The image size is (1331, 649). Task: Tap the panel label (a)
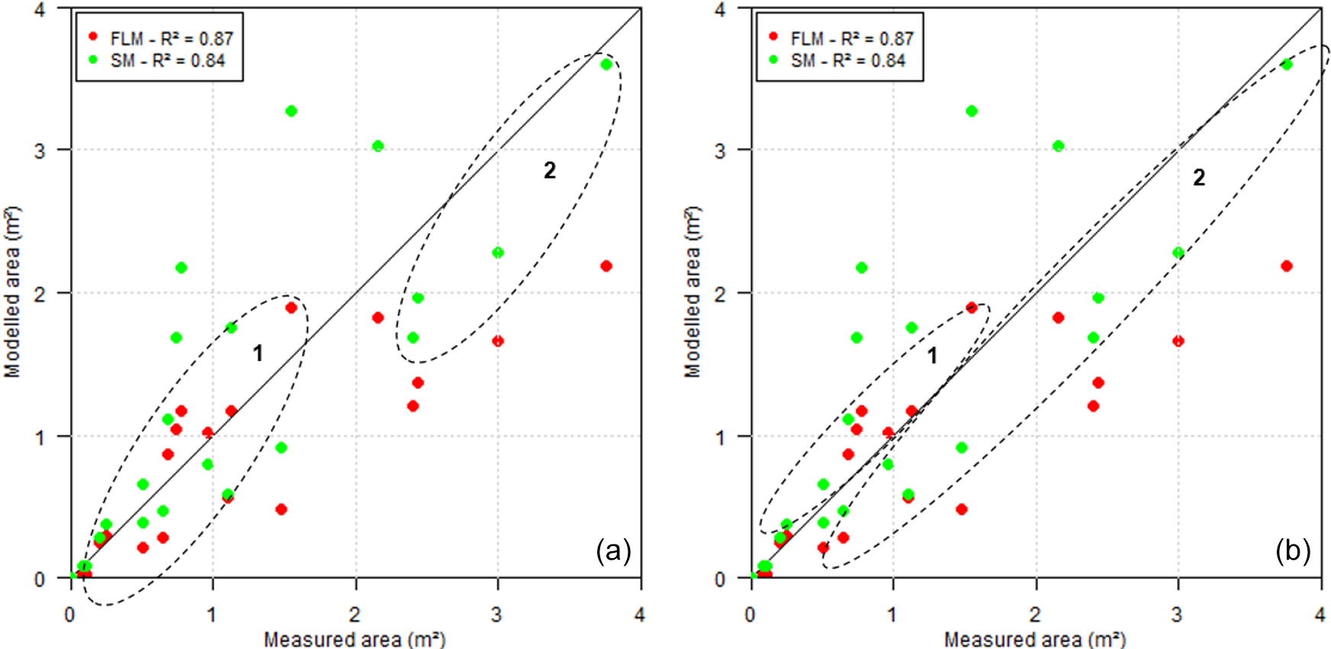pos(613,550)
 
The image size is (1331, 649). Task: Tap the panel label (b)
pos(1293,550)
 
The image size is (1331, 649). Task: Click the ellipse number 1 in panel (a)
pos(258,353)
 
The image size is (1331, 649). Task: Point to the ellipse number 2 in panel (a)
pos(550,170)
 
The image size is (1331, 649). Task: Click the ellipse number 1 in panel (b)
pos(932,355)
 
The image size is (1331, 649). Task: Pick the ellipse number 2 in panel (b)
pos(1199,177)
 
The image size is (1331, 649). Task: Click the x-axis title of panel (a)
pos(354,638)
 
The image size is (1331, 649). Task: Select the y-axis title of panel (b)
pos(692,292)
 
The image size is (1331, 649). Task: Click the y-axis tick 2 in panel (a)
pos(40,294)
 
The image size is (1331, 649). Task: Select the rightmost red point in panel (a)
pos(606,266)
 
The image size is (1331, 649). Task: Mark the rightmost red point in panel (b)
pos(1287,266)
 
